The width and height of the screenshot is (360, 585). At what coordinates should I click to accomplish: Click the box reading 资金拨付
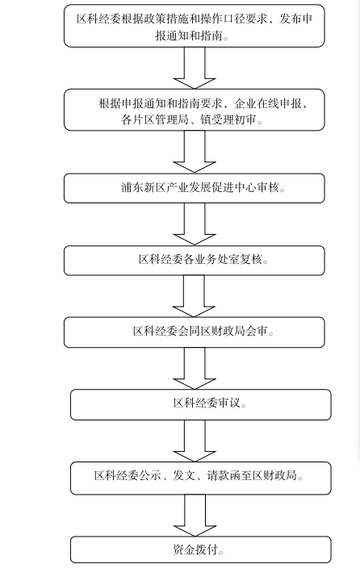(201, 549)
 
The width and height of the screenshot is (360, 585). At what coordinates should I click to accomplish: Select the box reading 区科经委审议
(201, 404)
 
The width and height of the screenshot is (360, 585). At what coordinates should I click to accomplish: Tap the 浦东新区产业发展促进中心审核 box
(195, 188)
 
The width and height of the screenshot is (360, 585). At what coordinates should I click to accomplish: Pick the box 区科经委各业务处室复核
(195, 261)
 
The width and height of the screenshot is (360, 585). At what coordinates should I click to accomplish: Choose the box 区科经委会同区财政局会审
(195, 332)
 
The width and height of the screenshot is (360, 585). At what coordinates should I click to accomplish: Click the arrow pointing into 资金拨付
(195, 516)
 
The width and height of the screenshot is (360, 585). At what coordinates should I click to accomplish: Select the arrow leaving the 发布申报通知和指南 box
(195, 68)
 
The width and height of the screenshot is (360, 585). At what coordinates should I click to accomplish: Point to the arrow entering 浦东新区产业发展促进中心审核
(195, 152)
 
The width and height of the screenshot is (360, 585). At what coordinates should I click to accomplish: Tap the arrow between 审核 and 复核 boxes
(195, 224)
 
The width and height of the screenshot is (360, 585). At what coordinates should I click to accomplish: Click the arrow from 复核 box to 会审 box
(194, 296)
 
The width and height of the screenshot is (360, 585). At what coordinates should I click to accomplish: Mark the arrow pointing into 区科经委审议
(195, 369)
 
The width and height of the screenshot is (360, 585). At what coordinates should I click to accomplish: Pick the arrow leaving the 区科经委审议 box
(195, 441)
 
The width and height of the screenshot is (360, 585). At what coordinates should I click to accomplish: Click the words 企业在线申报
(268, 103)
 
